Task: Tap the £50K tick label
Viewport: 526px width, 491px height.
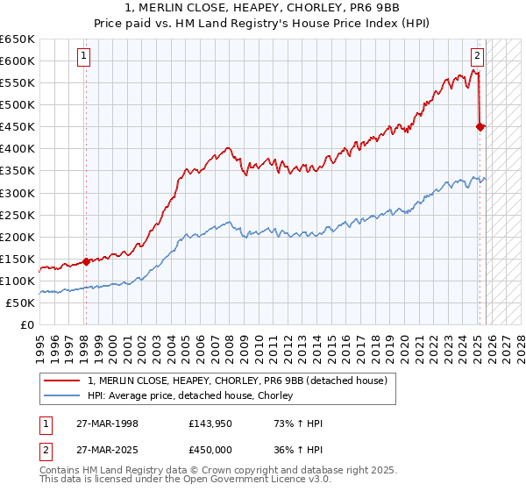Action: pyautogui.click(x=21, y=302)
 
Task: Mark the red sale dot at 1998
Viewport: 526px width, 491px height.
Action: pyautogui.click(x=86, y=260)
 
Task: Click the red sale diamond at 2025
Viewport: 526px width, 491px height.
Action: pyautogui.click(x=480, y=126)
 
